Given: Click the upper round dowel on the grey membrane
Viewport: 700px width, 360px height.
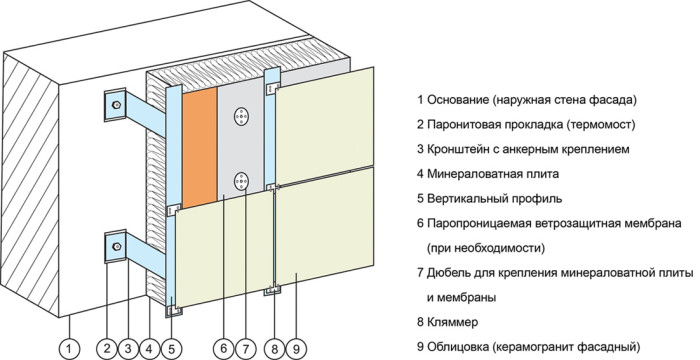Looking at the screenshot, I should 241,118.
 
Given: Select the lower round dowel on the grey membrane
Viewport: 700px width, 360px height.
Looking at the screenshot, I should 241,181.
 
